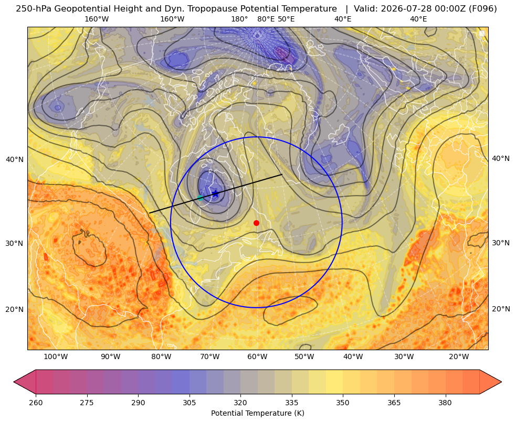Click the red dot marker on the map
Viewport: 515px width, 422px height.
pyautogui.click(x=257, y=223)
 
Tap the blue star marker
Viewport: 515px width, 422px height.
pyautogui.click(x=215, y=193)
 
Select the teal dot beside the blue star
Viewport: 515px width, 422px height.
pyautogui.click(x=201, y=198)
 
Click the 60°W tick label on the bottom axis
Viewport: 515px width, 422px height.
pyautogui.click(x=257, y=356)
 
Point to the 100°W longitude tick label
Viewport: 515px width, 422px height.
pyautogui.click(x=56, y=356)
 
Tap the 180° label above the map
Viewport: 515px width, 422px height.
pyautogui.click(x=239, y=19)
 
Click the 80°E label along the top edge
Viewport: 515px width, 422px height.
pyautogui.click(x=266, y=19)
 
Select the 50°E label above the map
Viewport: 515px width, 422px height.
pyautogui.click(x=286, y=19)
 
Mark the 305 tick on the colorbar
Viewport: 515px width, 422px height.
pyautogui.click(x=190, y=402)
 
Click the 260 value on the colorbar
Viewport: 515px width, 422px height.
pyautogui.click(x=36, y=402)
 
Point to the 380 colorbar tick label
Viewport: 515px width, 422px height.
pyautogui.click(x=445, y=402)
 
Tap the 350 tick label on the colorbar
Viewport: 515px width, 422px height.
pyautogui.click(x=343, y=402)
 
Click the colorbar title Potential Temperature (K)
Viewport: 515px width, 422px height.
pyautogui.click(x=257, y=413)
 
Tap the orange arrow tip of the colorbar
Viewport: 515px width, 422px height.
pyautogui.click(x=501, y=382)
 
